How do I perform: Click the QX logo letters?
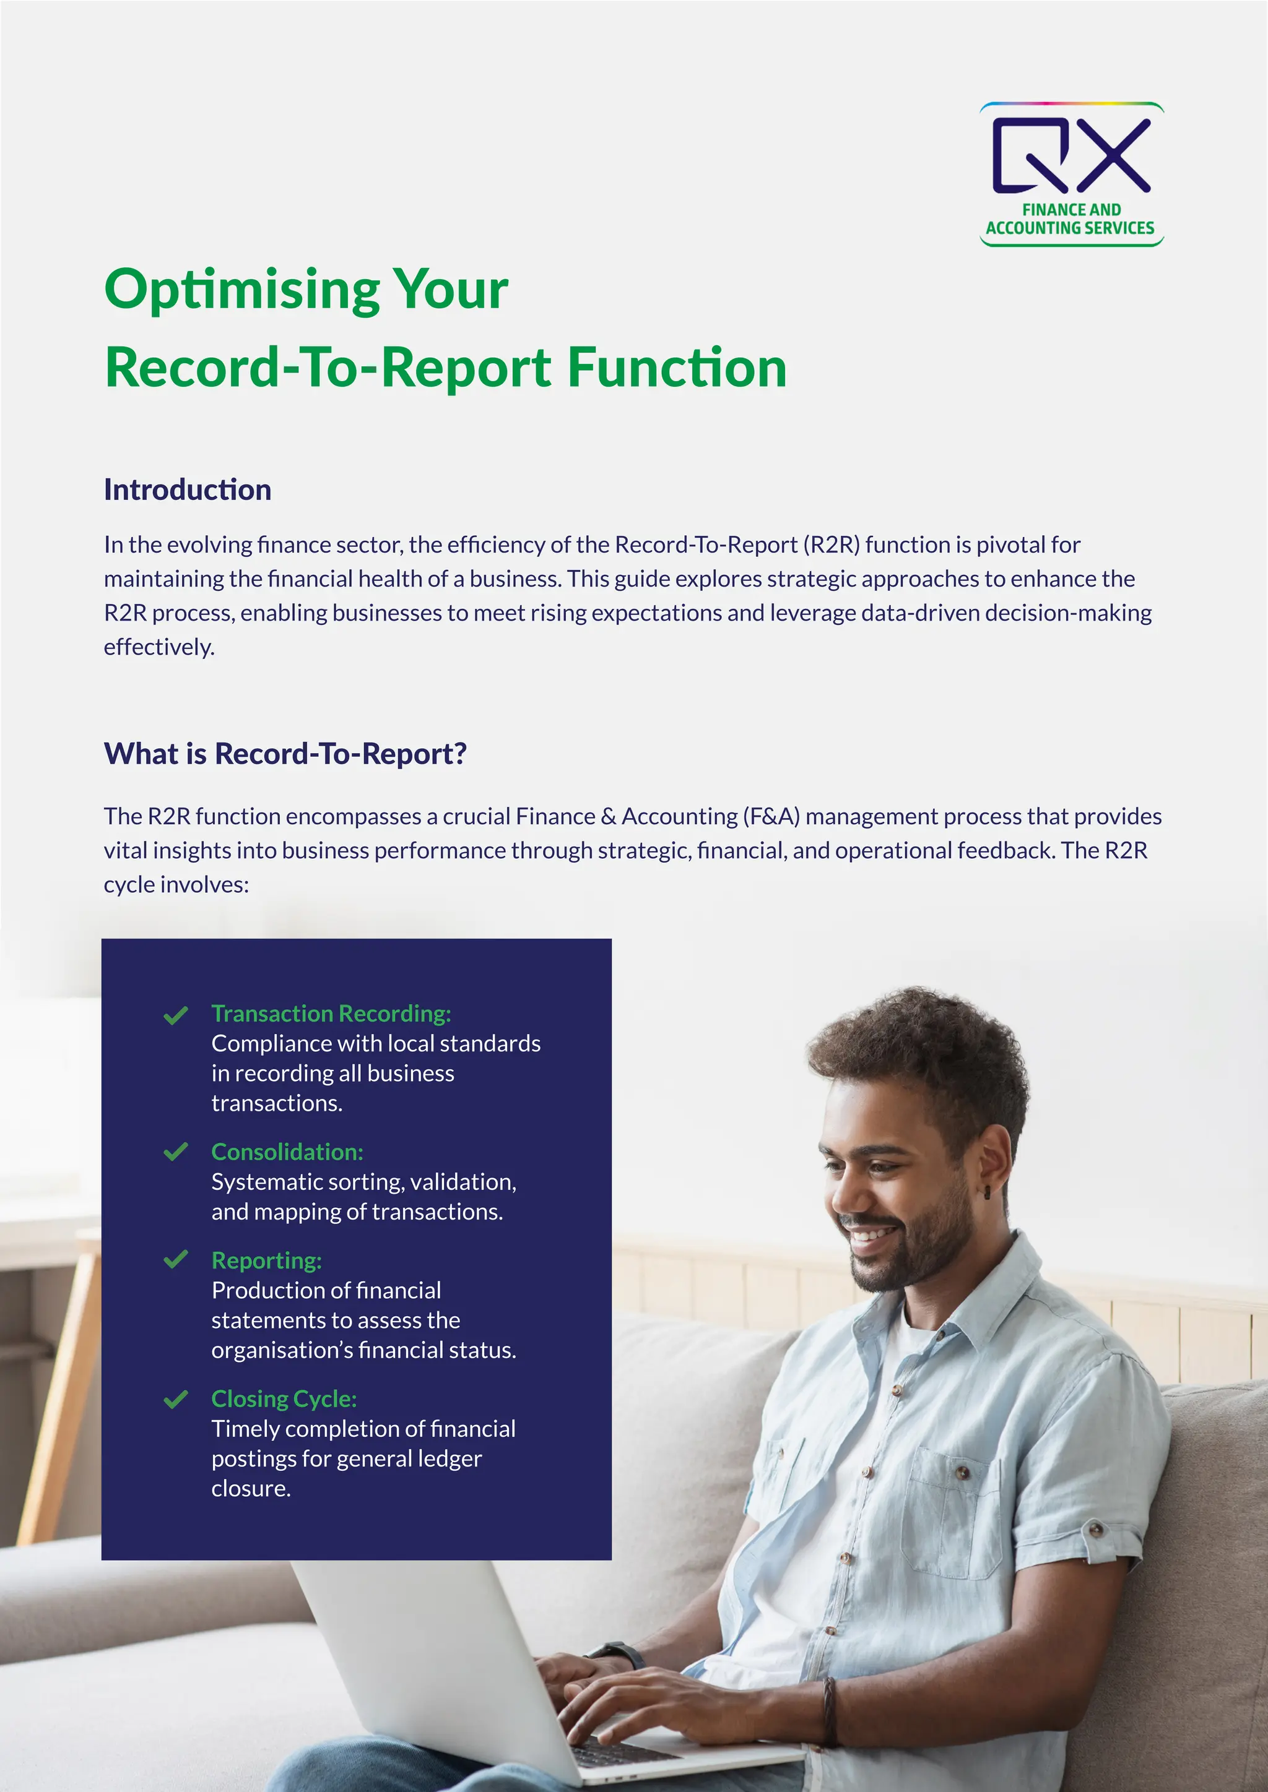click(x=1070, y=155)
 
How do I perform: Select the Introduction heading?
click(x=188, y=490)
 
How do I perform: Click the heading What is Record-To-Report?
click(x=285, y=754)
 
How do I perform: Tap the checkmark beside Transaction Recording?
click(x=176, y=1015)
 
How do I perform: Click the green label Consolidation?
click(x=287, y=1152)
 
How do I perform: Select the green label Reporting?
click(x=266, y=1260)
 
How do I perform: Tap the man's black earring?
click(x=987, y=1192)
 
